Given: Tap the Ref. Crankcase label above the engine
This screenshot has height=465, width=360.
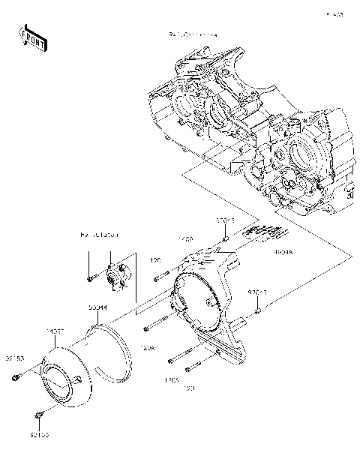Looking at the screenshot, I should click(193, 35).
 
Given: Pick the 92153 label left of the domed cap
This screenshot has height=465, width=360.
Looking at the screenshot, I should click(16, 360).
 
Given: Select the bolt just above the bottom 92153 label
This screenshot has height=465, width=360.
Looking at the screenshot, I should click(37, 413).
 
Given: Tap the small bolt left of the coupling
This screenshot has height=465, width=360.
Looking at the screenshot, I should click(89, 279).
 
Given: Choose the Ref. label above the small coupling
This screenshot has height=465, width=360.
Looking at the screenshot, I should click(100, 235).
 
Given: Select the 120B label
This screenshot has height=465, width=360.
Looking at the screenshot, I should click(172, 381).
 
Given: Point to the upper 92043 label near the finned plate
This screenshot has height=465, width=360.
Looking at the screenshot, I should click(225, 220).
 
